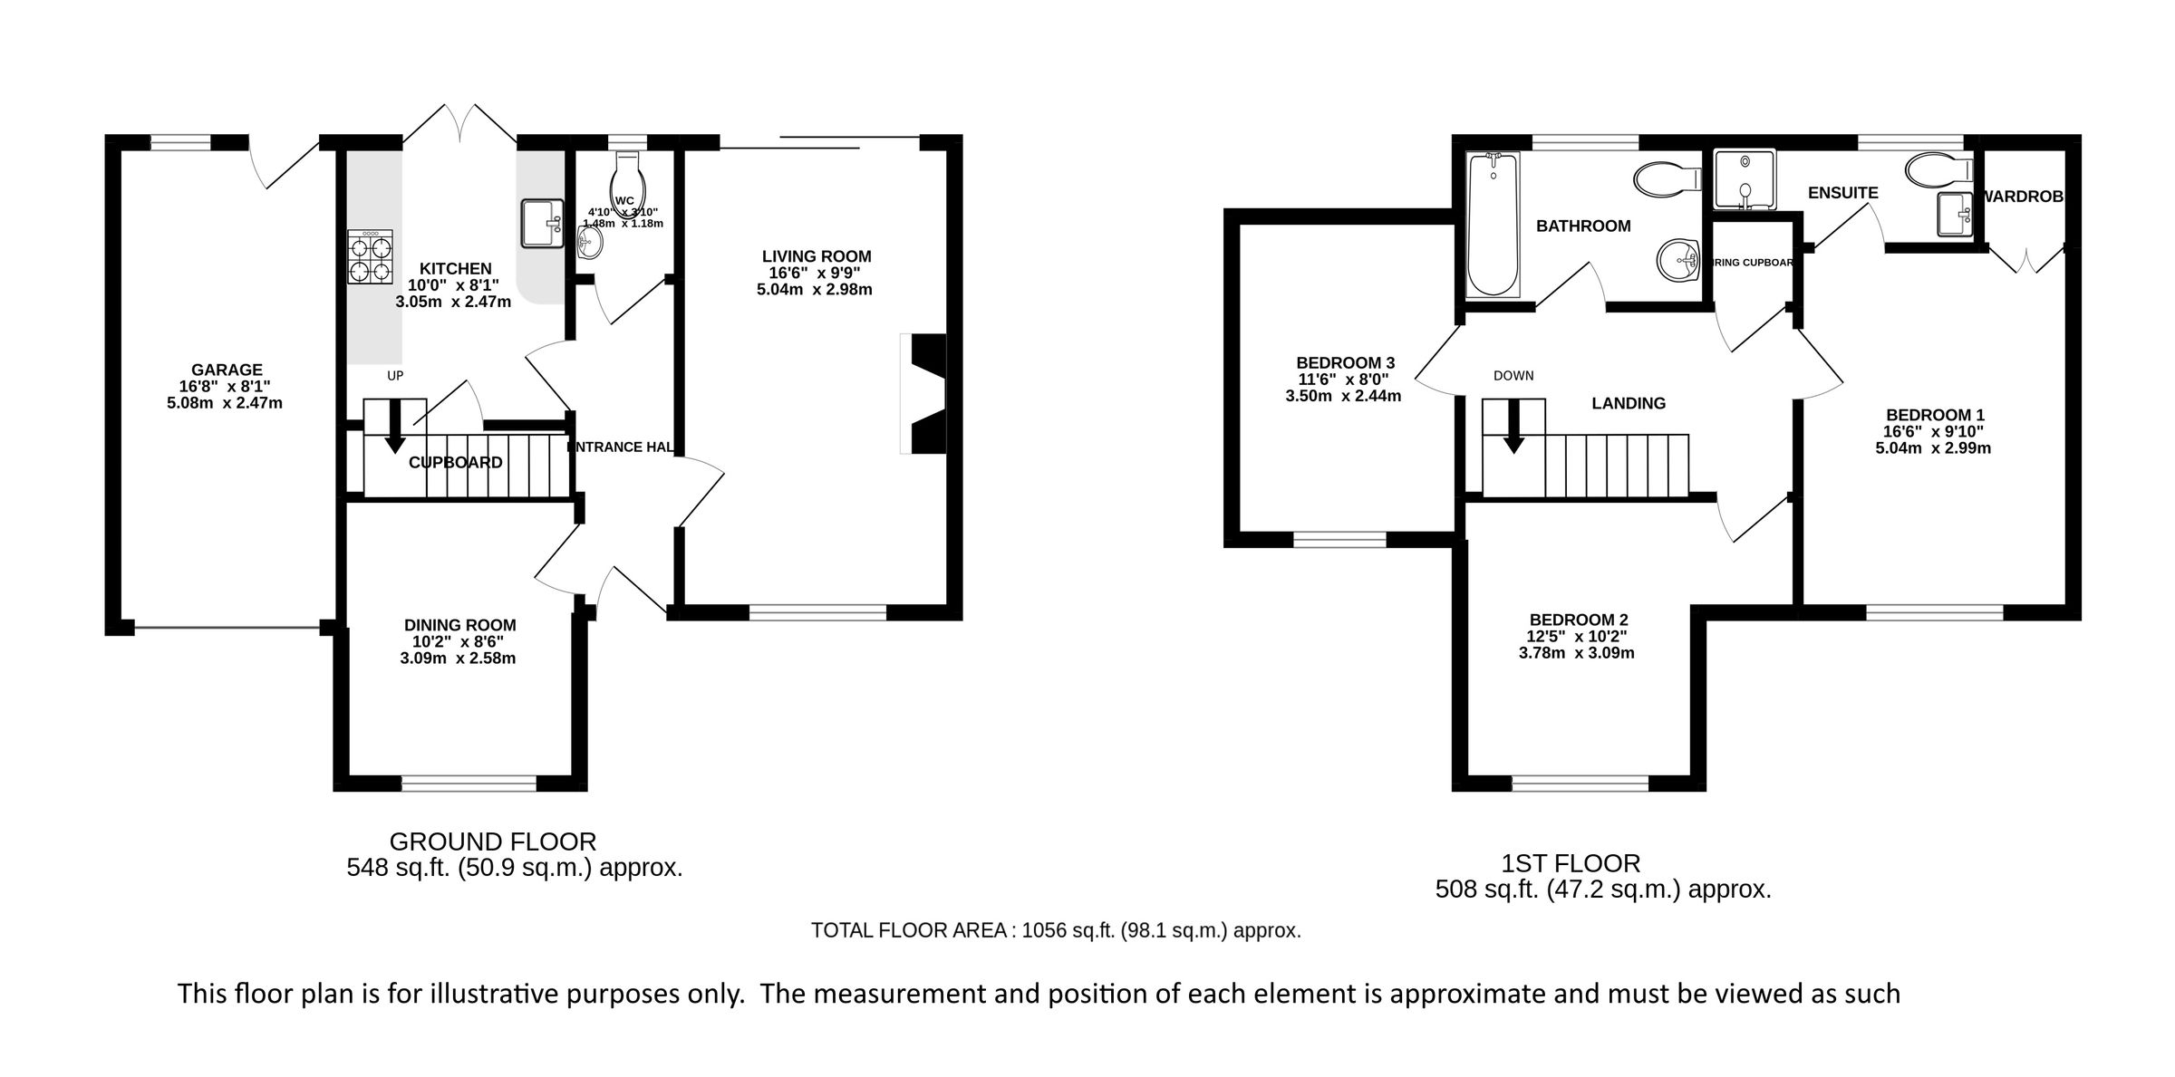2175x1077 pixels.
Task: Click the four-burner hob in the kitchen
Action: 370,257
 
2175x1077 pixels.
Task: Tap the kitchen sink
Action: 542,223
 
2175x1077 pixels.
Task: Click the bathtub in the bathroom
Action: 1493,226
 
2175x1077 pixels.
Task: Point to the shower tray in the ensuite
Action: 1744,178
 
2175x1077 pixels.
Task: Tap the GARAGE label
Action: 227,370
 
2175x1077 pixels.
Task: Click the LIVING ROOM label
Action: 816,256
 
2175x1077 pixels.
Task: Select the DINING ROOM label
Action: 459,625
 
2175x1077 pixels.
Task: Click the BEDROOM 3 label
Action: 1344,362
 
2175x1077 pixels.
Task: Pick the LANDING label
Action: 1629,404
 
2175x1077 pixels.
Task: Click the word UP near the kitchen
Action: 395,375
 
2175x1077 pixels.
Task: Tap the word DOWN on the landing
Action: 1513,375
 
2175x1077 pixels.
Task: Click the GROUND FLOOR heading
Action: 492,841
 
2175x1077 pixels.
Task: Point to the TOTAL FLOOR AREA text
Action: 1055,930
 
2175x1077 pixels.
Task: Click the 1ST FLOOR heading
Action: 1571,863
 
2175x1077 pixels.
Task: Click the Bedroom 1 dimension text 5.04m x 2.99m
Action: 1933,447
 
